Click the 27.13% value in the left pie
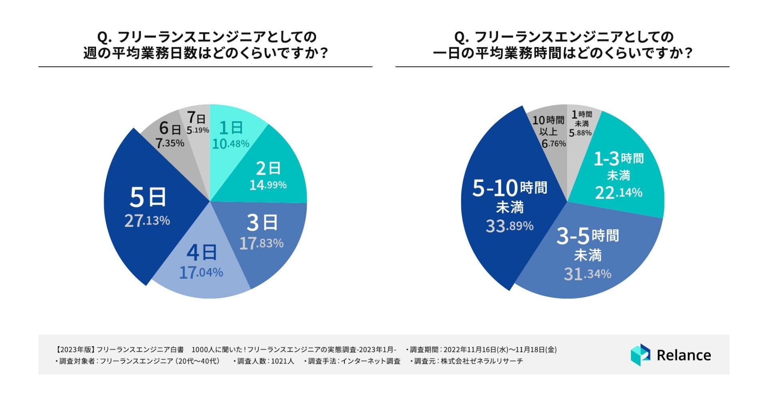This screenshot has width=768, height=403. pyautogui.click(x=147, y=220)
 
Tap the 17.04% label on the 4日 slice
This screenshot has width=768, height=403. pyautogui.click(x=201, y=273)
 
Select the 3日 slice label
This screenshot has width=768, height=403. pyautogui.click(x=262, y=222)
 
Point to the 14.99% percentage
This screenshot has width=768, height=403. pyautogui.click(x=268, y=185)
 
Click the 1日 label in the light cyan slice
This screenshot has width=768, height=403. pyautogui.click(x=231, y=128)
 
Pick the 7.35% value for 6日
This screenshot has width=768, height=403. pyautogui.click(x=170, y=143)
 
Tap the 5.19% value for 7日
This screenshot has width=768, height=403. pyautogui.click(x=198, y=130)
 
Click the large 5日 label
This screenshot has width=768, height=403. pyautogui.click(x=148, y=197)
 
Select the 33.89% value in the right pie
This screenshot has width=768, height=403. pyautogui.click(x=510, y=226)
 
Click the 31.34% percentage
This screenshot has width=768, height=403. pyautogui.click(x=588, y=274)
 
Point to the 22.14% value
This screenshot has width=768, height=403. pyautogui.click(x=619, y=193)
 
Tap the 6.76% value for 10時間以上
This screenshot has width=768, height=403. pyautogui.click(x=554, y=144)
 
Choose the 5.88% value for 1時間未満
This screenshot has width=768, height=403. pyautogui.click(x=580, y=133)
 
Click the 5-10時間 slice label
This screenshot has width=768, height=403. pyautogui.click(x=510, y=188)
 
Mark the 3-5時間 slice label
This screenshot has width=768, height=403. pyautogui.click(x=588, y=236)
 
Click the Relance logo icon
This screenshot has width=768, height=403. pyautogui.click(x=640, y=355)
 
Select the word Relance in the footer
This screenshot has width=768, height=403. pyautogui.click(x=684, y=355)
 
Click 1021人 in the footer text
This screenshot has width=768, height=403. pyautogui.click(x=282, y=361)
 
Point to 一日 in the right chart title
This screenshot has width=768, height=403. pyautogui.click(x=448, y=53)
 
